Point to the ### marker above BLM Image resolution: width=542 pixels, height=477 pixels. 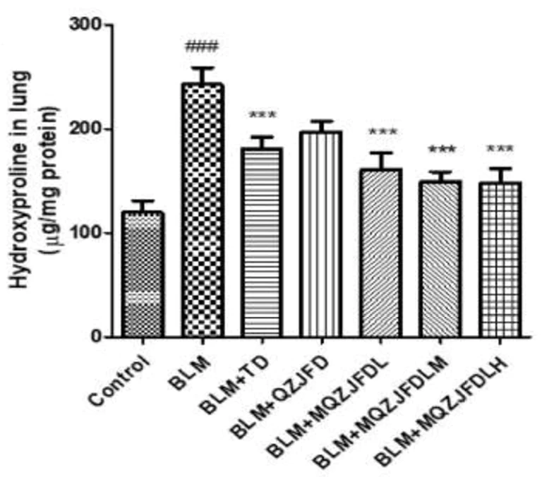[202, 48]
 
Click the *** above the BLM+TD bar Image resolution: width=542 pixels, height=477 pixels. [263, 116]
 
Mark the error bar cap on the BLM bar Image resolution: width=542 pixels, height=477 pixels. [203, 68]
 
